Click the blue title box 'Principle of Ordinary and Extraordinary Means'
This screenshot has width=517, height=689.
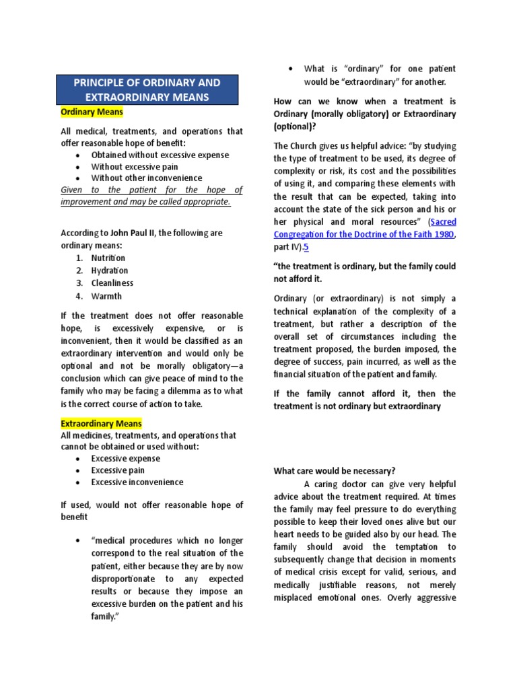tap(147, 90)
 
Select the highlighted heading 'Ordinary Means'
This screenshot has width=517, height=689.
tap(92, 112)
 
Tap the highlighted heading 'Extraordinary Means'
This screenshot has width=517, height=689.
tap(102, 424)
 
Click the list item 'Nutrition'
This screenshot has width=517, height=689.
tap(108, 258)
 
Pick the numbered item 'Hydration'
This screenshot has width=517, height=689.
tap(110, 270)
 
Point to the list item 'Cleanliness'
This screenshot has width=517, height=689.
tap(112, 283)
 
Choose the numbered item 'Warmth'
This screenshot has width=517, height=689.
tap(107, 296)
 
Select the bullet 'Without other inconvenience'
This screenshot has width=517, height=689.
tap(147, 178)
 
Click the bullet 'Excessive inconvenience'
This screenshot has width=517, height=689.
tap(137, 482)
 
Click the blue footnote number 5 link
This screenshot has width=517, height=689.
tap(306, 247)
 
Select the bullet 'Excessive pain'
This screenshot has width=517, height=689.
tap(118, 470)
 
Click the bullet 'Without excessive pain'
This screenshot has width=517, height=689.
tap(135, 166)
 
